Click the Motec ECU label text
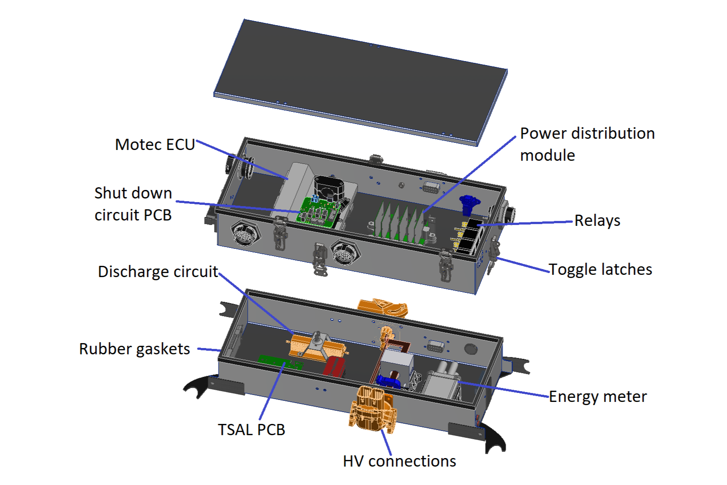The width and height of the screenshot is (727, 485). [x=155, y=145]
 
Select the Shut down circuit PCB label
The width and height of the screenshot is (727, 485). [x=133, y=204]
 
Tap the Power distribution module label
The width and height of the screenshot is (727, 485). [x=587, y=144]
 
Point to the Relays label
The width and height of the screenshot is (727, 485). [x=597, y=221]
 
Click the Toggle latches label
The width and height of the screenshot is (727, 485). [x=600, y=269]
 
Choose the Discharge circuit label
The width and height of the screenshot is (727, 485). [x=158, y=272]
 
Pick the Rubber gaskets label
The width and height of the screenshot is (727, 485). [x=135, y=349]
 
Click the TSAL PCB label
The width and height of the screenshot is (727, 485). [x=251, y=430]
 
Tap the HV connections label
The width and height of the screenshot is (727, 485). [x=399, y=461]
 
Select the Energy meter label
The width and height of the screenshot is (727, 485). [x=598, y=397]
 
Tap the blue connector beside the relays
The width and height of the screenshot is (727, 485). [x=469, y=204]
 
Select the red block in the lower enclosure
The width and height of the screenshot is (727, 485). [x=334, y=366]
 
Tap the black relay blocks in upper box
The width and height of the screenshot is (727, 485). [x=469, y=236]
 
